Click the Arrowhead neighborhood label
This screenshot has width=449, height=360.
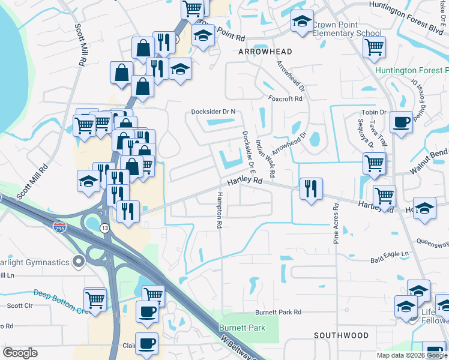[x=265, y=52]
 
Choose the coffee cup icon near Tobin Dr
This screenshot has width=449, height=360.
[x=401, y=122]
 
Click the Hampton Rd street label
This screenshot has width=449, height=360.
[x=220, y=209]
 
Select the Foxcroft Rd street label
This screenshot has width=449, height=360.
[x=285, y=98]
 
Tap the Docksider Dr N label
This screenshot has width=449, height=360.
[x=213, y=112]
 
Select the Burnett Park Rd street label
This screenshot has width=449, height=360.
[x=277, y=313]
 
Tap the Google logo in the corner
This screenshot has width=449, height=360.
[x=20, y=353]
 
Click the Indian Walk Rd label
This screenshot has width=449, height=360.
[x=265, y=158]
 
